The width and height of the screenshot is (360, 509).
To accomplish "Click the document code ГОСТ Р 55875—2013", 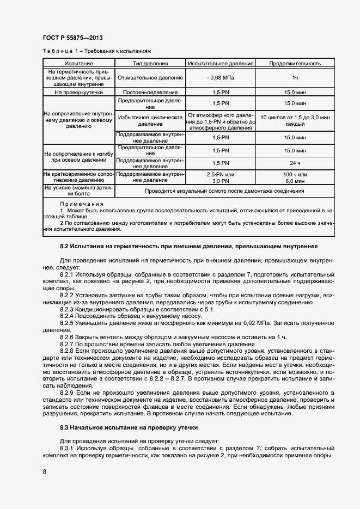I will click(72, 38).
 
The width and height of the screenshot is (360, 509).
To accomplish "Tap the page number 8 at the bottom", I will click(44, 471).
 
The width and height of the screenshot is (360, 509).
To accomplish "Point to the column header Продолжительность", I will click(294, 64).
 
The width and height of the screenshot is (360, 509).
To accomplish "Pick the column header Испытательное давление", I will click(221, 64).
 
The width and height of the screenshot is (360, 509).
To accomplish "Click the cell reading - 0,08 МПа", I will click(221, 78).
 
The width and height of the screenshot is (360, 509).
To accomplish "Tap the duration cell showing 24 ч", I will click(294, 163).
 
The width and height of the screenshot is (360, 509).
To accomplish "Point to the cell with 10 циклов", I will click(294, 121).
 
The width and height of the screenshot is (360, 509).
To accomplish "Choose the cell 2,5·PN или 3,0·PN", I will click(221, 177).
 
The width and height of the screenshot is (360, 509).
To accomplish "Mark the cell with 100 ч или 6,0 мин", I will click(294, 177).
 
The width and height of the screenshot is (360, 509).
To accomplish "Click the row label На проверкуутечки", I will click(78, 93).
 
